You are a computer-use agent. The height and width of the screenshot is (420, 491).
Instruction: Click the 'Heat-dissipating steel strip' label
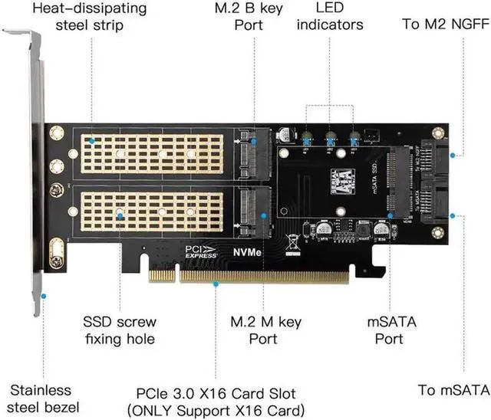91,16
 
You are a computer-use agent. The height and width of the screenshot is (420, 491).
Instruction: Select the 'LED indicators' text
329,16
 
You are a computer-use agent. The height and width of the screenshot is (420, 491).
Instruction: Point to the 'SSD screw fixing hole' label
119,328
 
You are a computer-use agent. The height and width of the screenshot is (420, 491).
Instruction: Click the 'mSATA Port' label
391,328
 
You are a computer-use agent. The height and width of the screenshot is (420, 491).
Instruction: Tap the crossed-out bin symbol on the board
292,244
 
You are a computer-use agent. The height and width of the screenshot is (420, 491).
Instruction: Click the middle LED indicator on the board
331,140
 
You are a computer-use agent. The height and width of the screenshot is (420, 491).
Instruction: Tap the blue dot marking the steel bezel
44,295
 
